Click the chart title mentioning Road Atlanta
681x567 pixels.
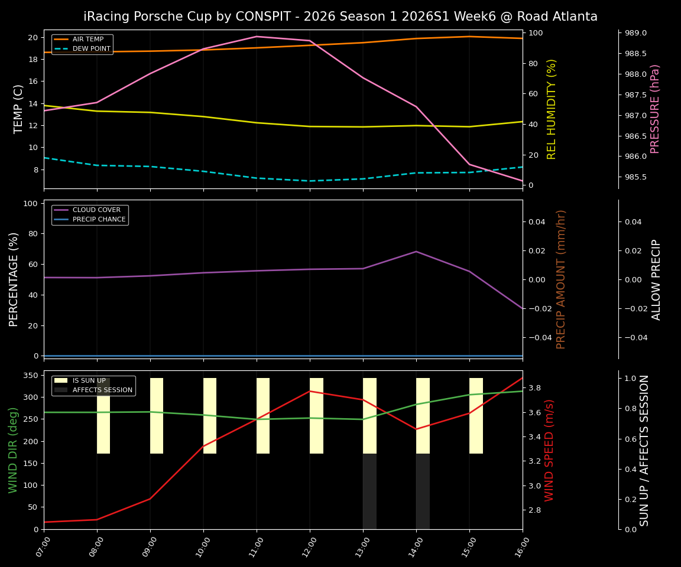340,17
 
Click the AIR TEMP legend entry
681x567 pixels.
87,40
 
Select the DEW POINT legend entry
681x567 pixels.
91,49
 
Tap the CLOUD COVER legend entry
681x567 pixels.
96,210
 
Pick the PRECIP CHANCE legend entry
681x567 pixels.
99,220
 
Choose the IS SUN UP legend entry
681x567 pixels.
89,381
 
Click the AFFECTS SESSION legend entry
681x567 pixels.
102,390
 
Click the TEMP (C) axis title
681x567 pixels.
18,109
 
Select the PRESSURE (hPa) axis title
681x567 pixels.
655,109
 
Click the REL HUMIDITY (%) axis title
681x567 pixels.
552,109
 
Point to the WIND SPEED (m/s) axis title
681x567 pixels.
550,450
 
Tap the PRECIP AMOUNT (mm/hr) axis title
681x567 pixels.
561,279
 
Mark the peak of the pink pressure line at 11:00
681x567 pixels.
257,37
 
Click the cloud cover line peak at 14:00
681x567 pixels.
416,252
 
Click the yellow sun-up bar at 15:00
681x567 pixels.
476,416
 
